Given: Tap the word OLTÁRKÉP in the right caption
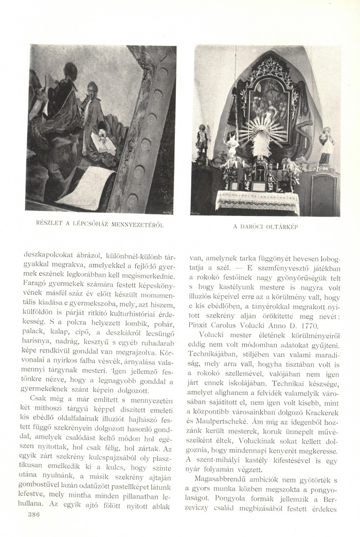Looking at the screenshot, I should point(285,226).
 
